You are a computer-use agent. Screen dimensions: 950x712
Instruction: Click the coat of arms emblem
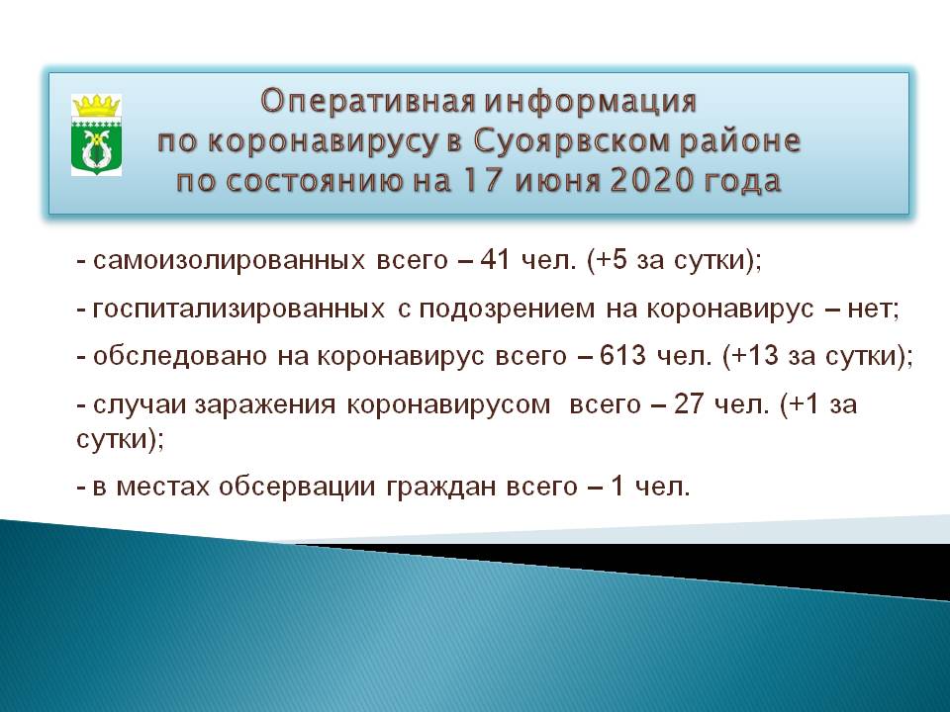(x=96, y=135)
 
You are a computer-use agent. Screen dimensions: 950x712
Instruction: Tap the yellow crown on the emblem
(x=96, y=106)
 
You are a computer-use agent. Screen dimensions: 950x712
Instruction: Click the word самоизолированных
(x=229, y=260)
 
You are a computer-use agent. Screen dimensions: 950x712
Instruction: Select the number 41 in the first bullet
(x=495, y=260)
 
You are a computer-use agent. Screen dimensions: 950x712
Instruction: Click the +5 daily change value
(x=614, y=260)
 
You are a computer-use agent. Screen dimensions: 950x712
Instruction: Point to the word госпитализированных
(x=238, y=310)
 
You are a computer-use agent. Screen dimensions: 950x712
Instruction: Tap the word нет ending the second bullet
(x=873, y=310)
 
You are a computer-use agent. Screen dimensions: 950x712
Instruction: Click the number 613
(x=622, y=355)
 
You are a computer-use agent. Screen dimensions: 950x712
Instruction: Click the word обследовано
(x=180, y=356)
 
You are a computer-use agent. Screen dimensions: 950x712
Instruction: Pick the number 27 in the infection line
(x=688, y=403)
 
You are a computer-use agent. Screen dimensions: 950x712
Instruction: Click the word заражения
(x=265, y=404)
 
